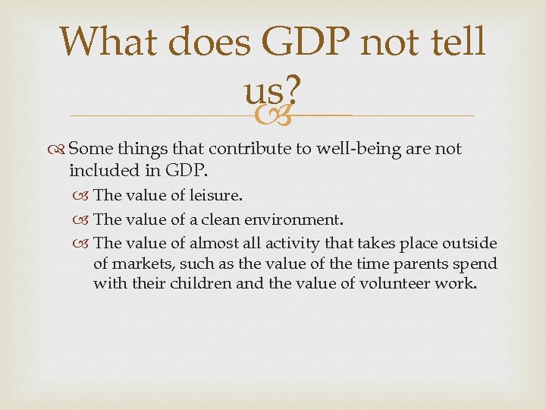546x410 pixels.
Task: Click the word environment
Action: tap(296, 219)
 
